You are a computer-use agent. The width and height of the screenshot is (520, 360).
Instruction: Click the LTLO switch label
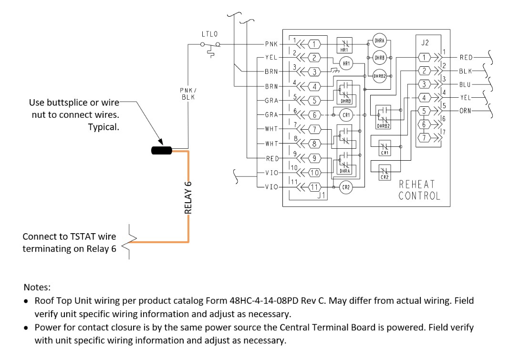209,34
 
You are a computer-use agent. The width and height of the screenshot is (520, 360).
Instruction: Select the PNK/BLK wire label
187,93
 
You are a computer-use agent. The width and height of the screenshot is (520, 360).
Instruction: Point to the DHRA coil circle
379,41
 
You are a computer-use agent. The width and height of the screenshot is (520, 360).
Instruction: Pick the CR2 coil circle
346,187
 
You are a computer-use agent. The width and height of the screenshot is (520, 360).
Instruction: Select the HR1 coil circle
345,63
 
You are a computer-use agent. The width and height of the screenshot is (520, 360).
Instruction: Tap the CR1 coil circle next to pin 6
346,115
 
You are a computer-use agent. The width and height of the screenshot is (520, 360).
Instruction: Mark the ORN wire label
466,111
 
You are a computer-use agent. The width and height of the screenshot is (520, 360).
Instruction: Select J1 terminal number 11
314,187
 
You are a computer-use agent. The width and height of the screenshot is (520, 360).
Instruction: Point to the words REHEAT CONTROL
419,190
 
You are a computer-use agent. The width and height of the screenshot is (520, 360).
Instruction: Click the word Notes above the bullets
37,288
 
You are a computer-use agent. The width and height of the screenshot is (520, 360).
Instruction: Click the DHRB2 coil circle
379,76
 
